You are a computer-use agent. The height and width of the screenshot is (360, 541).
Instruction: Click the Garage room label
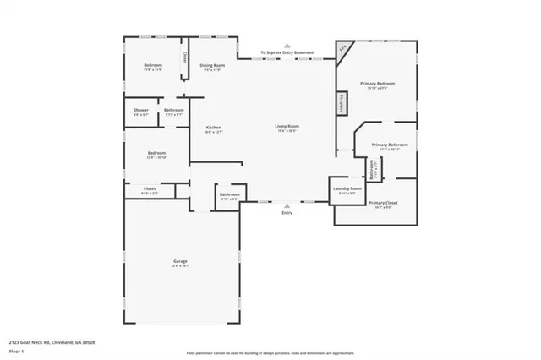point(180,262)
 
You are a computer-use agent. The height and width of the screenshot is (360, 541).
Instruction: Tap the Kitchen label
point(213,128)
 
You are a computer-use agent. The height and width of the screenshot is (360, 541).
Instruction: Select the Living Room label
point(287,127)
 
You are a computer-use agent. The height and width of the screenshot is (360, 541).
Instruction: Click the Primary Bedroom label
point(377,84)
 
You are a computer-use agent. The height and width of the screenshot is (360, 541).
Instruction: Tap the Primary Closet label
point(383,203)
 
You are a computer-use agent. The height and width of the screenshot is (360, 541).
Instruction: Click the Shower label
point(140,111)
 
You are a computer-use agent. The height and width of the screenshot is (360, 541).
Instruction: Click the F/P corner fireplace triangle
point(343,48)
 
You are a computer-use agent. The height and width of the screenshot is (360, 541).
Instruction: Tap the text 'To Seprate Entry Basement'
point(287,52)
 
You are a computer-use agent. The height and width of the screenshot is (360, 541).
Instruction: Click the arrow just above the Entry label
point(287,205)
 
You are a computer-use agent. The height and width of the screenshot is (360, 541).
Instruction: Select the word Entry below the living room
point(287,213)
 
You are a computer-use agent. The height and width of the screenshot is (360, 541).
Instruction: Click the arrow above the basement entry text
point(287,46)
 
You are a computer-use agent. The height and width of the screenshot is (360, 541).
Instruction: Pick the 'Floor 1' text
point(16,350)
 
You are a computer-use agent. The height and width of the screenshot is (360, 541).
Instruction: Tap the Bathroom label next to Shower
point(174,111)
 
